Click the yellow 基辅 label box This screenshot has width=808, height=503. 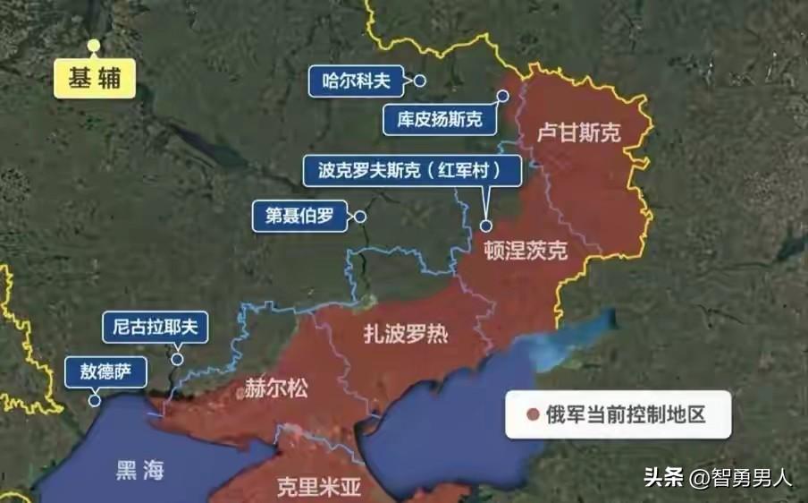click(94, 79)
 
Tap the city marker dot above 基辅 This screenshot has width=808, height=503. click(94, 45)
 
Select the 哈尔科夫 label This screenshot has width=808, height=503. click(356, 81)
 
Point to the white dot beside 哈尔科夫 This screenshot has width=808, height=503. click(419, 81)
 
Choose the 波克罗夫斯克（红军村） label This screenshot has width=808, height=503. click(412, 170)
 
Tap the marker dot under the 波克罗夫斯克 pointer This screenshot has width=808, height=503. click(486, 226)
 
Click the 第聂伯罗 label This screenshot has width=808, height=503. click(299, 216)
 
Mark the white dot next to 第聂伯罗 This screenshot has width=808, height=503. click(360, 217)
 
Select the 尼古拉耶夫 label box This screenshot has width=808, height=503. click(156, 327)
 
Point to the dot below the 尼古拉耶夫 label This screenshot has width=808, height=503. click(178, 360)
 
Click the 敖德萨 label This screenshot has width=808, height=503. click(106, 372)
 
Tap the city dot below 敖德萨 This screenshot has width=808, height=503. click(96, 402)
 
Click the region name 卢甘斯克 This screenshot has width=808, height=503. click(579, 133)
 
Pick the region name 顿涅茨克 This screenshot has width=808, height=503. click(525, 250)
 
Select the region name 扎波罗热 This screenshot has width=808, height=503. click(406, 335)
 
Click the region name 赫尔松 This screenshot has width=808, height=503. click(276, 388)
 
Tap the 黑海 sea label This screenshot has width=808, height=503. click(139, 471)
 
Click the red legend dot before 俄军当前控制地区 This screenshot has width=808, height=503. click(534, 414)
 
